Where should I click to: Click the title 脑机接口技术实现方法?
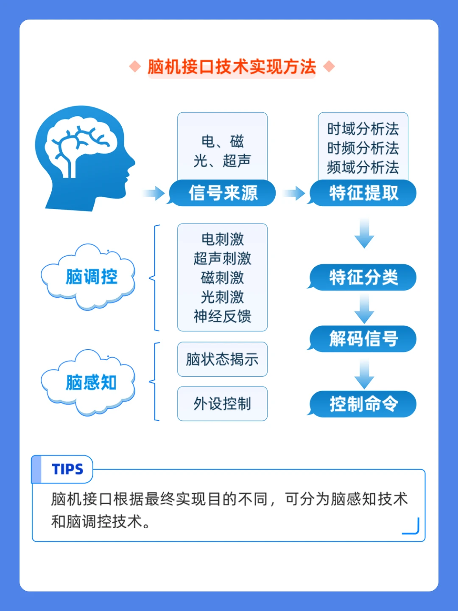(x=232, y=67)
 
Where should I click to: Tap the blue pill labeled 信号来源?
(x=223, y=193)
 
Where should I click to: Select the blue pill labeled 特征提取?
(x=364, y=193)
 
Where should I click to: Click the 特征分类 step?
(x=364, y=277)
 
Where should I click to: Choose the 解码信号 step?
(x=364, y=339)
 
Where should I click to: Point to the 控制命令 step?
(x=364, y=404)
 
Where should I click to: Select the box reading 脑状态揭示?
(x=222, y=359)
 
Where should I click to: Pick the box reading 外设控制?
(x=222, y=404)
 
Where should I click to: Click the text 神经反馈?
(x=222, y=317)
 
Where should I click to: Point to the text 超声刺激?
(x=222, y=258)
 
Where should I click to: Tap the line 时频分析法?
(x=363, y=148)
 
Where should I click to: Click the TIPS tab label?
(x=67, y=469)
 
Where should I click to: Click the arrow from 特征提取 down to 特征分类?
(x=364, y=233)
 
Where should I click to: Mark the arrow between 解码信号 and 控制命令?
(x=364, y=373)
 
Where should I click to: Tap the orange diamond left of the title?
(x=135, y=67)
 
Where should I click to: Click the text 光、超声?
(x=222, y=161)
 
